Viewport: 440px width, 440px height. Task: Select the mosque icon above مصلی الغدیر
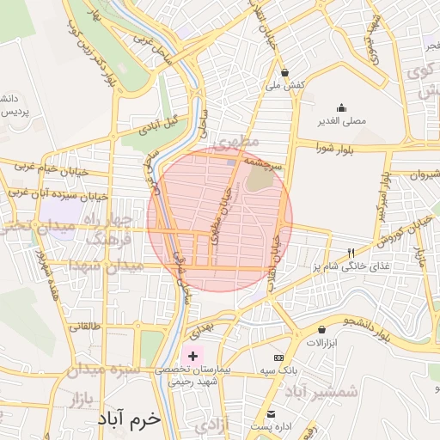click(x=341, y=108)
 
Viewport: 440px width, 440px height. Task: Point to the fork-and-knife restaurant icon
click(x=350, y=254)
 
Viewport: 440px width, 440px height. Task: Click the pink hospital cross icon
click(x=192, y=355)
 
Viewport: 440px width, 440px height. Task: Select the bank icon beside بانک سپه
click(x=278, y=357)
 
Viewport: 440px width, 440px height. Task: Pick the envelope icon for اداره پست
click(x=271, y=414)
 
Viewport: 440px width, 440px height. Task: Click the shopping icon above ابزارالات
click(x=321, y=329)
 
